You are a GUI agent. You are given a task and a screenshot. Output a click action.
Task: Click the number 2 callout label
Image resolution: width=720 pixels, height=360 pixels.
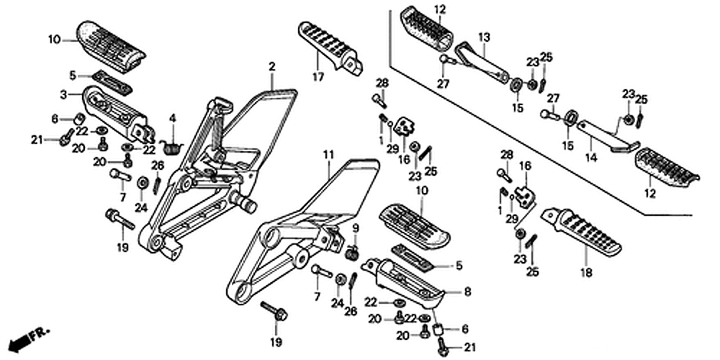pos(272,66)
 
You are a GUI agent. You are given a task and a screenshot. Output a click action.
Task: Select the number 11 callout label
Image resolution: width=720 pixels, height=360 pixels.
pos(328,154)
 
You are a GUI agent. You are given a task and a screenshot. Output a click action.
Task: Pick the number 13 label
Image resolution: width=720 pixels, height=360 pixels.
pos(484,37)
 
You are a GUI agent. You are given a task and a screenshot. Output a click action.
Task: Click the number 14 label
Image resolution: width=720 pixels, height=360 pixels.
pos(590,156)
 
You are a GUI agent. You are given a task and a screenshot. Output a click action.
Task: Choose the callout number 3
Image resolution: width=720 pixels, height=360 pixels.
pos(63,94)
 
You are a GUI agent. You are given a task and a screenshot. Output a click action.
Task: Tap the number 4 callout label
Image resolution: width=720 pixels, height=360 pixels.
pos(172,118)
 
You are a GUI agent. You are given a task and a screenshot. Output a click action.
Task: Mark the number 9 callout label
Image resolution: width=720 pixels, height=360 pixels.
pos(354,228)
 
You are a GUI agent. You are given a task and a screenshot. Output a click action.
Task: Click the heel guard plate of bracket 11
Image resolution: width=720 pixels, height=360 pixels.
pos(338,187)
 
